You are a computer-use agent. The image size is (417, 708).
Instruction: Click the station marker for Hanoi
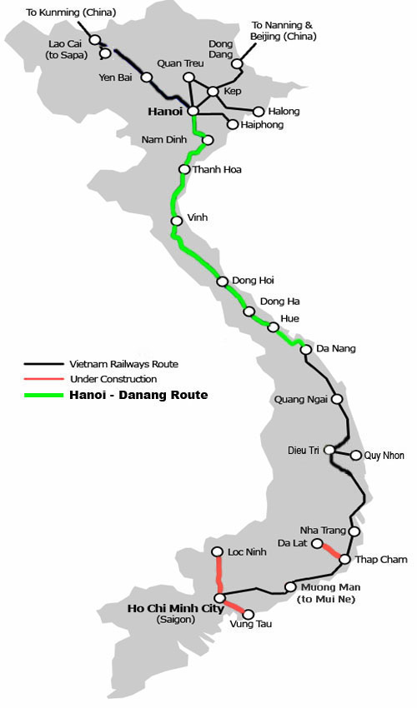pos(193,110)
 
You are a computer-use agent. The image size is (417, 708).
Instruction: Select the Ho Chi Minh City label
pos(175,609)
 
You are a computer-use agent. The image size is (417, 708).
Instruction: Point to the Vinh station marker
pos(177,221)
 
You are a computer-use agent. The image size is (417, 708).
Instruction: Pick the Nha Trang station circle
pos(354,531)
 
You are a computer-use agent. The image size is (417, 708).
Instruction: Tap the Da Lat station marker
pos(317,543)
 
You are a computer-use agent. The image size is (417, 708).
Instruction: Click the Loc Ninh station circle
pos(218,551)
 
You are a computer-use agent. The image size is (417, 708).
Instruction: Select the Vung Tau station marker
pos(248,614)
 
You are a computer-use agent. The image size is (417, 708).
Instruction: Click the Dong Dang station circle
pos(237,63)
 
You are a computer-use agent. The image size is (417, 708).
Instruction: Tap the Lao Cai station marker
pos(95,39)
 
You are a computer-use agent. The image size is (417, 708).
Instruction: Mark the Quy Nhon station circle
pos(356,455)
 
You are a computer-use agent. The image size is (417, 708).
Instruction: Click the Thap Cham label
pos(382,560)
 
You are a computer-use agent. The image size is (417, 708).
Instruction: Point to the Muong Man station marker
pos(290,586)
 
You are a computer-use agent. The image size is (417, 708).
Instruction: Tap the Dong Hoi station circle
pos(223,282)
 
